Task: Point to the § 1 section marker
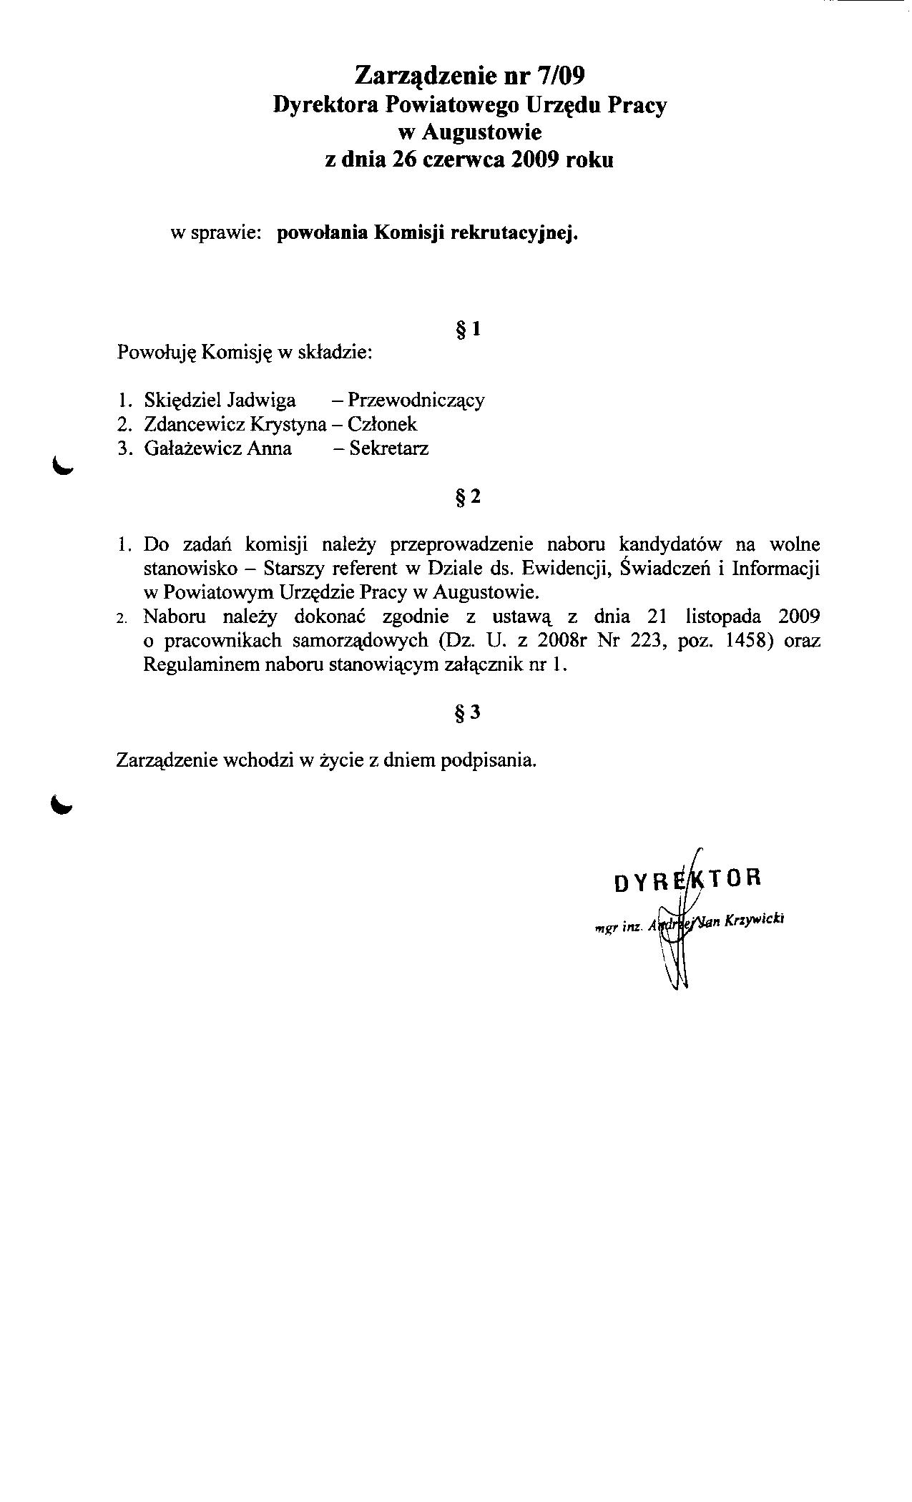pyautogui.click(x=469, y=330)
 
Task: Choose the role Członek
pyautogui.click(x=382, y=424)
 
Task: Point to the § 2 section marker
pyautogui.click(x=469, y=497)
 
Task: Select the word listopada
pyautogui.click(x=722, y=617)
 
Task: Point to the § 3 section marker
pyautogui.click(x=469, y=713)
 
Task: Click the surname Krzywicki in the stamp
pyautogui.click(x=755, y=921)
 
